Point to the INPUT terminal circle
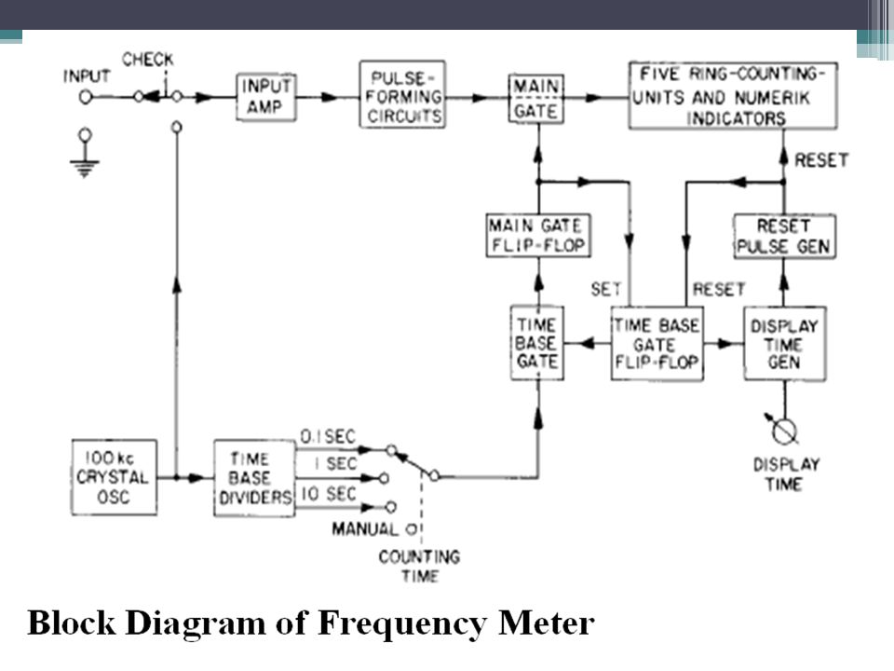(x=86, y=98)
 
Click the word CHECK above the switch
(x=148, y=60)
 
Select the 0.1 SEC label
(x=327, y=437)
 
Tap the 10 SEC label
(x=329, y=494)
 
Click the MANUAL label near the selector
(x=365, y=529)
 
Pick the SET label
(x=605, y=289)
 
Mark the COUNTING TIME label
(x=419, y=566)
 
